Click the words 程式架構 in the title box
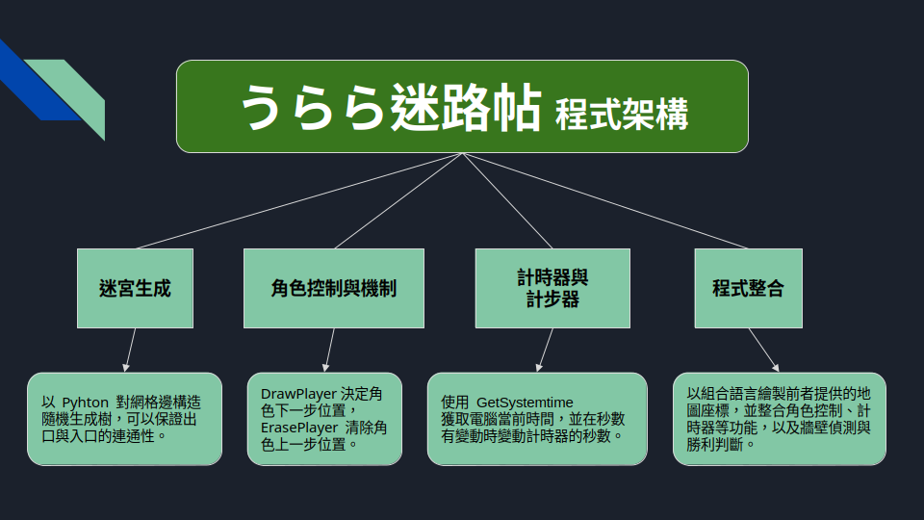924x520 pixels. [622, 115]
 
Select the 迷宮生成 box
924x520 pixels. [135, 288]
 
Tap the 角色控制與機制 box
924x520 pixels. [333, 288]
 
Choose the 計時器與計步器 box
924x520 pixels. [552, 288]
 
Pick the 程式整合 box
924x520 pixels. [748, 288]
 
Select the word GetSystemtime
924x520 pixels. [525, 402]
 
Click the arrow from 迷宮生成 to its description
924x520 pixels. [130, 350]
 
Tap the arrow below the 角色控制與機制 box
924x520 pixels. [329, 350]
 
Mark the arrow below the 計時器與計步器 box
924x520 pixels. [546, 350]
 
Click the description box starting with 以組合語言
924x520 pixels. [779, 419]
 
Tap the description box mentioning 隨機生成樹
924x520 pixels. [124, 419]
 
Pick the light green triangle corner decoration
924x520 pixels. [77, 91]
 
